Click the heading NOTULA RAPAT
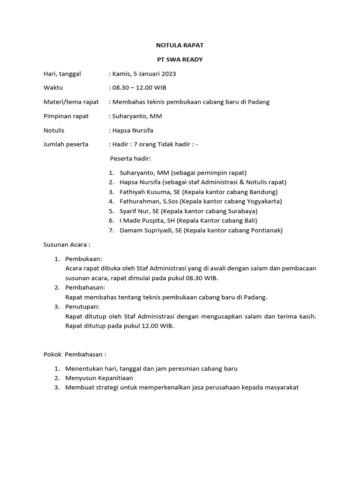[x=180, y=45]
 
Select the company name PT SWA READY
[x=180, y=60]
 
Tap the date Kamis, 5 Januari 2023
[x=143, y=74]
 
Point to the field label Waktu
[x=53, y=88]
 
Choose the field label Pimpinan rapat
[x=66, y=116]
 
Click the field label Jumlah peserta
[x=66, y=144]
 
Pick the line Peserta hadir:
[x=131, y=158]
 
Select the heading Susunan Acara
[x=67, y=244]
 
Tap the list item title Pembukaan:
[x=84, y=259]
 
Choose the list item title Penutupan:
[x=83, y=307]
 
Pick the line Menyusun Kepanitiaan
[x=99, y=378]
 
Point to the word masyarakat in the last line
[x=279, y=387]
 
